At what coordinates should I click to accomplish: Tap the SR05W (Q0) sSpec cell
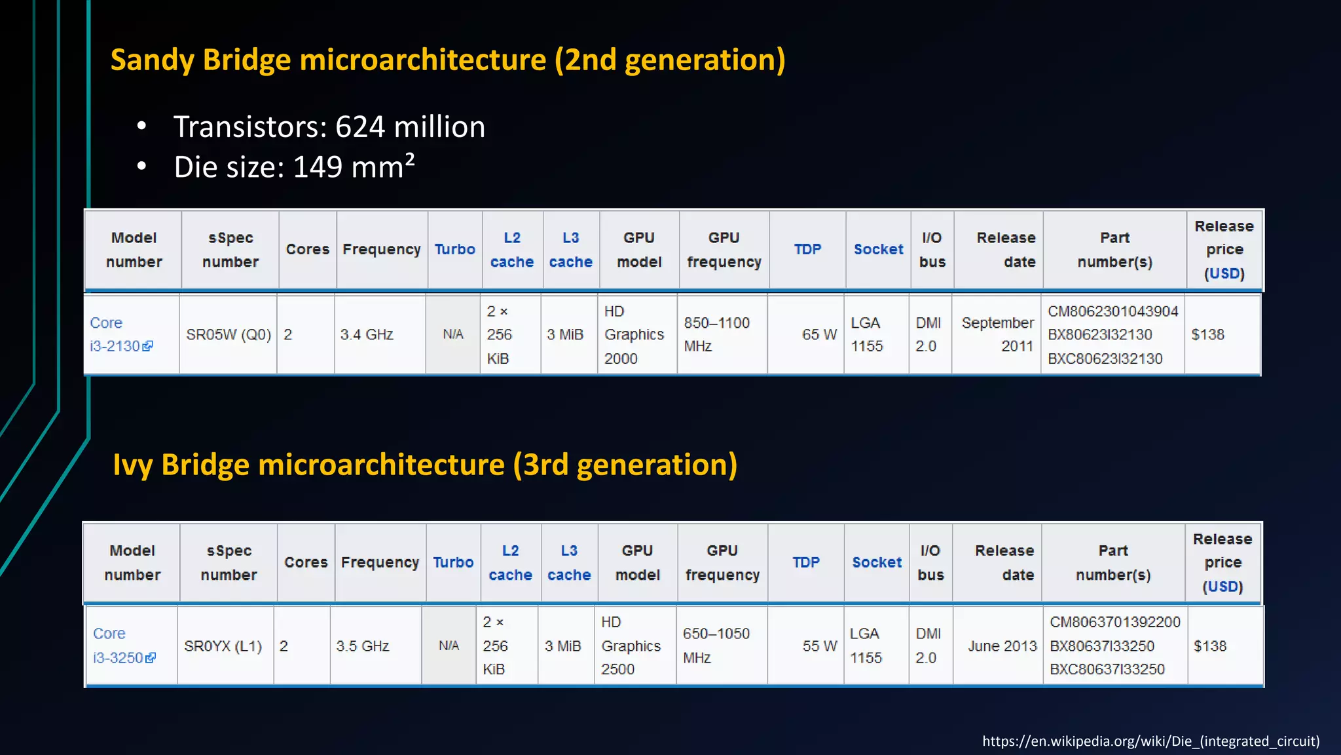coord(229,335)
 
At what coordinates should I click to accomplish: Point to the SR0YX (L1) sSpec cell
coord(223,646)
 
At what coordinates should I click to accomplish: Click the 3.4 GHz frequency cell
coord(367,335)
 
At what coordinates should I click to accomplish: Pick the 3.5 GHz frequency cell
coord(363,646)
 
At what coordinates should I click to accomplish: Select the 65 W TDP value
coord(819,335)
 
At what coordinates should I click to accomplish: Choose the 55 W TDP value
coord(820,646)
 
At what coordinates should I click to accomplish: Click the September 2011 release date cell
coord(997,335)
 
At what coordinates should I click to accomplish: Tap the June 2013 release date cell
coord(1002,646)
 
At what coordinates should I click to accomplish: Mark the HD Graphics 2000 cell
coord(634,335)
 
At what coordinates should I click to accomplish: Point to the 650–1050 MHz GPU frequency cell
coord(716,646)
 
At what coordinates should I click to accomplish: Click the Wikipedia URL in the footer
coord(1150,741)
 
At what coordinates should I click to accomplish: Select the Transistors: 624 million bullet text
coord(329,126)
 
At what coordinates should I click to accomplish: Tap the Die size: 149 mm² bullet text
coord(294,166)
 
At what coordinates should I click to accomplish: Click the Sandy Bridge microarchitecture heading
coord(447,60)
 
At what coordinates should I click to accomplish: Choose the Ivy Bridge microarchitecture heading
coord(425,465)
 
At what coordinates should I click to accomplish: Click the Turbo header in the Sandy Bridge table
coord(455,250)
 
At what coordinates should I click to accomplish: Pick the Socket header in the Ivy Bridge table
coord(877,562)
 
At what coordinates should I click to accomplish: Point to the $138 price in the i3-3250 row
coord(1209,646)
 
